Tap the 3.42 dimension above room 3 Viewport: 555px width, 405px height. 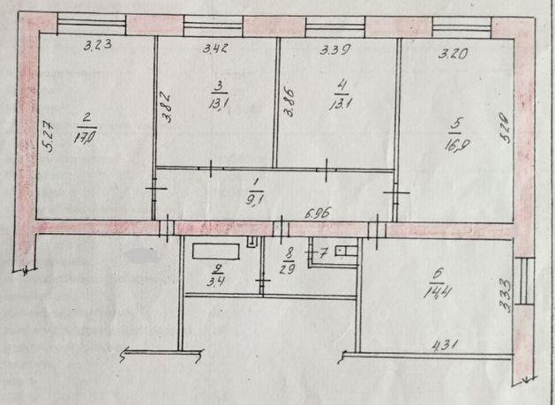pyautogui.click(x=215, y=49)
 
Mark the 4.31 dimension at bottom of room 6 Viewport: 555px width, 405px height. pyautogui.click(x=448, y=346)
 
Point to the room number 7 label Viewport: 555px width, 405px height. pyautogui.click(x=325, y=254)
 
